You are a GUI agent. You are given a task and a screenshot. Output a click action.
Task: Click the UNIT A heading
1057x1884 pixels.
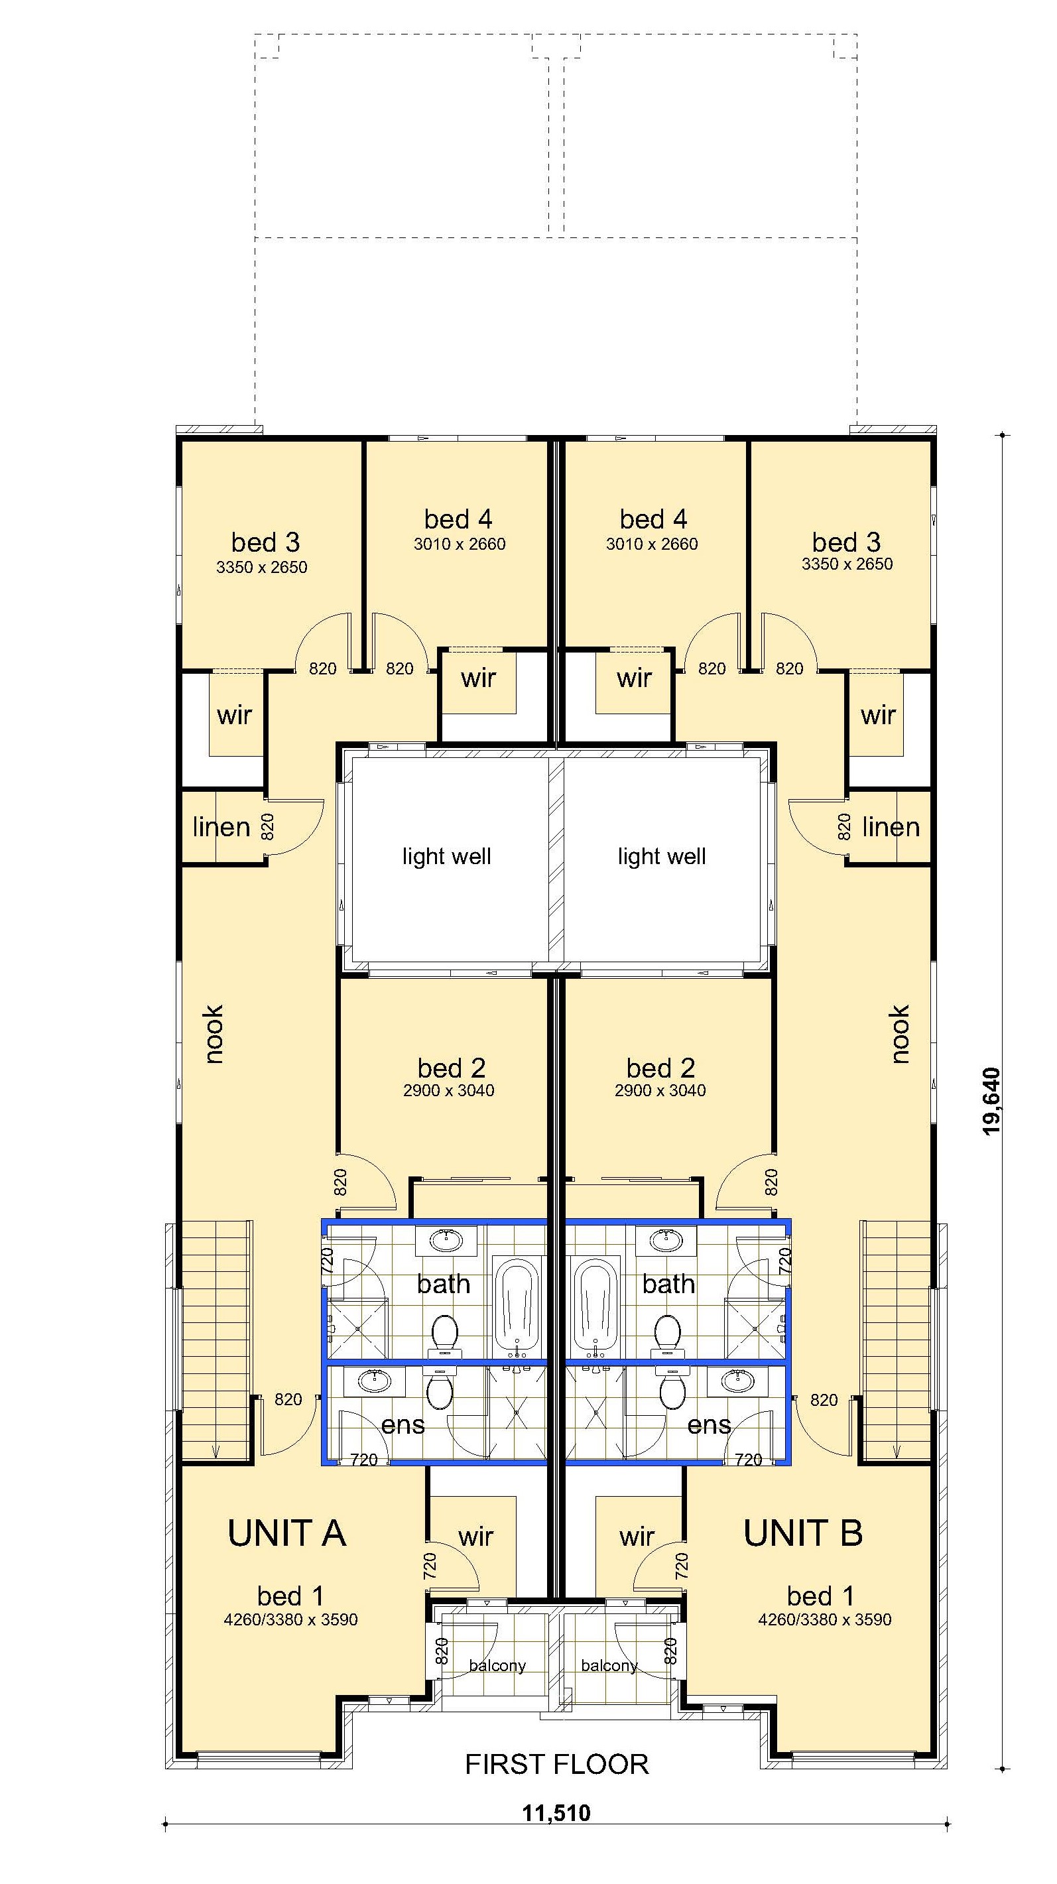click(286, 1533)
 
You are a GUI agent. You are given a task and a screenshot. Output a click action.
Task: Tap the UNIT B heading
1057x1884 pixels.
click(802, 1533)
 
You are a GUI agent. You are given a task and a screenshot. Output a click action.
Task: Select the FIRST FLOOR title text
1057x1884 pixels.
click(556, 1765)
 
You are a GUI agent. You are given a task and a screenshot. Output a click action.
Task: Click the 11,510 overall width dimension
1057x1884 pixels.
click(556, 1813)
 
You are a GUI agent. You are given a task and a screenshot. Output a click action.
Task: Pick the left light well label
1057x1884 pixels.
click(446, 856)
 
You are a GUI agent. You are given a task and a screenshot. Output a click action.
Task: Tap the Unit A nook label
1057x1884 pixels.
click(213, 1034)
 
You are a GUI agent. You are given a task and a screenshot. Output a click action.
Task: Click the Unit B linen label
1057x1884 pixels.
click(890, 827)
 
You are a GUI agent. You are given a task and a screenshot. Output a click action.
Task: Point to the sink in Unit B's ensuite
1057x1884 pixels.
click(737, 1381)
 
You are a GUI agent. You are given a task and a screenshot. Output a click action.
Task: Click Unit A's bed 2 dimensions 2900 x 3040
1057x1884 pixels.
click(448, 1090)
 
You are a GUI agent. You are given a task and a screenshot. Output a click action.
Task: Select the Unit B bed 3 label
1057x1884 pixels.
click(846, 542)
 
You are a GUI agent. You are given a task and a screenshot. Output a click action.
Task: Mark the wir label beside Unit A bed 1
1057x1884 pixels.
click(475, 1536)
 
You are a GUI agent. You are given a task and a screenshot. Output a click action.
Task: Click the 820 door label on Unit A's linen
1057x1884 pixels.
click(268, 826)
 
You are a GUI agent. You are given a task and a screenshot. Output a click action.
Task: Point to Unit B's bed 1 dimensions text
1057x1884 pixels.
click(824, 1619)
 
